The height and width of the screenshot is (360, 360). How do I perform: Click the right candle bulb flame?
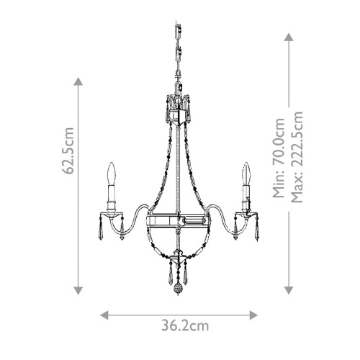pos(246,172)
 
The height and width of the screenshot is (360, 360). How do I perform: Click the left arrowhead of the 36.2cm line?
pos(103,315)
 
